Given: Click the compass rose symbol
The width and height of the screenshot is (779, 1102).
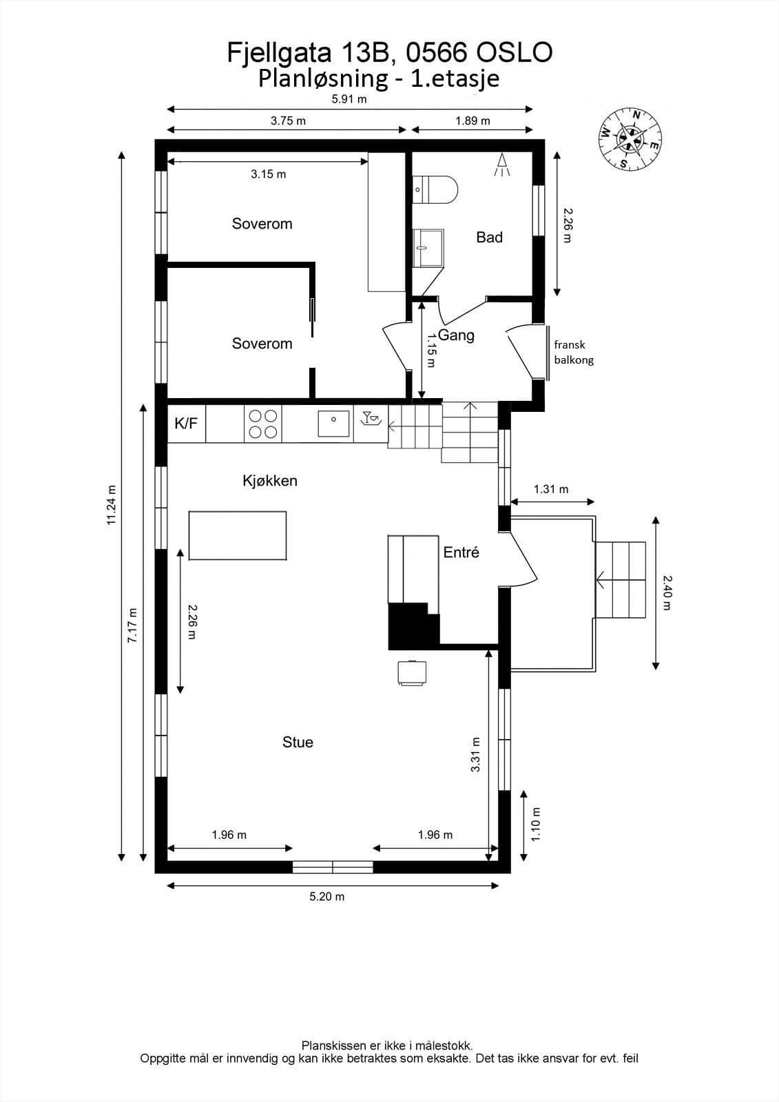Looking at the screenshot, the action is point(630,139).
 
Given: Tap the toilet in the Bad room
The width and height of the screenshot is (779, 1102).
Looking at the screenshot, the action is point(435,189).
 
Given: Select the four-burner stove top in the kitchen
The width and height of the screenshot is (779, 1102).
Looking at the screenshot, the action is point(263,424).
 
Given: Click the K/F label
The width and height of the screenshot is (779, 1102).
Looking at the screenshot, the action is point(186,423).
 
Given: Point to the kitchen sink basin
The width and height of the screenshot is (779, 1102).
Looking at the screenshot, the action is point(333,424).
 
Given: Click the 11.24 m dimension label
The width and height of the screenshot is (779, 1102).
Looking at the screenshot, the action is point(112,505).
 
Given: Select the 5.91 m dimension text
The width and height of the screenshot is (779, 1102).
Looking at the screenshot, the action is point(349,99).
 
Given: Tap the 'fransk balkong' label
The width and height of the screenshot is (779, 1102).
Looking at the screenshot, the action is point(574,352).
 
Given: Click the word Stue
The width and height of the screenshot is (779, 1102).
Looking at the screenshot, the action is point(298,742).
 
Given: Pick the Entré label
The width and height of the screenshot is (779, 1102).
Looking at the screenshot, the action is point(461,552).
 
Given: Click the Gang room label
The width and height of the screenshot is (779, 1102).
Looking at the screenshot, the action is point(456,335).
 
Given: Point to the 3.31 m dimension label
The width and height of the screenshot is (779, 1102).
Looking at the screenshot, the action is point(475,754).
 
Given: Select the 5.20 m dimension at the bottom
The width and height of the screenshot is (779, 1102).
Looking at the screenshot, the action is point(326,896).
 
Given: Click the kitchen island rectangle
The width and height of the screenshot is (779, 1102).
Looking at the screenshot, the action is point(238,535).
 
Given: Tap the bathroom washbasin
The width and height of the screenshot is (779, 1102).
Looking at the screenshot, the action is point(428,248).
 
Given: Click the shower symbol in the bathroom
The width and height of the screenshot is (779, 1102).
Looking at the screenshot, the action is point(502,165).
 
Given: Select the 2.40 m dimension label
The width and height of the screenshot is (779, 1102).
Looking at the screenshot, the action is point(667,593).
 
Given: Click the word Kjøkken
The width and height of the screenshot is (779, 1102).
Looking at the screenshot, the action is point(270,481).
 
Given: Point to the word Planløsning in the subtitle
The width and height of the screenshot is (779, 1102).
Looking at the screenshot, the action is point(323,79).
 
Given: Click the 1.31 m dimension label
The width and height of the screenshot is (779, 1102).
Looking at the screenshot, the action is point(550,489).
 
